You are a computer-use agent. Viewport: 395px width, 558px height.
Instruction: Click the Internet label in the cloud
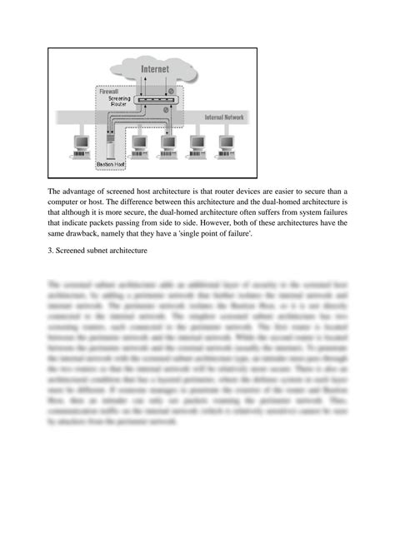click(x=154, y=67)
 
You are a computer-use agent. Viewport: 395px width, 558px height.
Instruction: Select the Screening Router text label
click(x=119, y=102)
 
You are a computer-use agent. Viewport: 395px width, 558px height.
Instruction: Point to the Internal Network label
click(x=223, y=118)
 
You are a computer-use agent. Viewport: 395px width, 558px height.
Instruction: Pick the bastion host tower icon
click(x=111, y=147)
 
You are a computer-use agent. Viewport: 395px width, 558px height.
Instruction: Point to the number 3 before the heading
click(x=50, y=252)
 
